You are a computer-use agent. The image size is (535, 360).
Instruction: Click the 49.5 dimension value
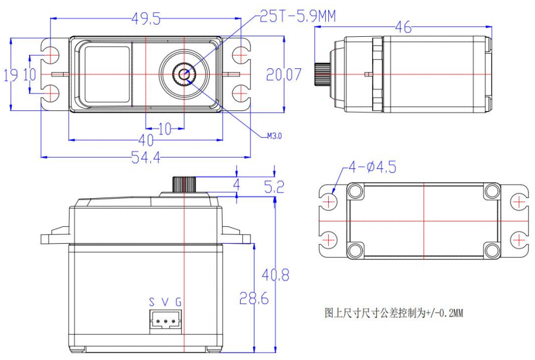pyautogui.click(x=145, y=19)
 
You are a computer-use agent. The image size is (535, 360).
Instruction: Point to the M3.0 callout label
pyautogui.click(x=275, y=136)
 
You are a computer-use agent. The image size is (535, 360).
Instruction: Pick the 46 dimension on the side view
pyautogui.click(x=404, y=27)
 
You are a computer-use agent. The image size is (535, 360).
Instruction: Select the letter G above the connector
pyautogui.click(x=178, y=302)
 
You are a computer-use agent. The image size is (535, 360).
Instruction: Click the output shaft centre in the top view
pyautogui.click(x=185, y=74)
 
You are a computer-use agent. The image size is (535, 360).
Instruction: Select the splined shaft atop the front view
pyautogui.click(x=185, y=184)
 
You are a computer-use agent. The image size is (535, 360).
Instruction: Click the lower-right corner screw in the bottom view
pyautogui.click(x=492, y=250)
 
